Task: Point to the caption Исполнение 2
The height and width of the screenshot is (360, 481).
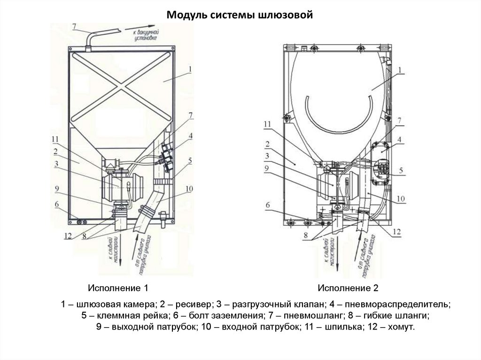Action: (348, 288)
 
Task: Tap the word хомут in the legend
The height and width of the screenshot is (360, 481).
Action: (402, 326)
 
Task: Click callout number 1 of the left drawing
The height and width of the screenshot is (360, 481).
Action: (189, 69)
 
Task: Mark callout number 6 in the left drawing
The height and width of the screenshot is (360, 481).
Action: (56, 204)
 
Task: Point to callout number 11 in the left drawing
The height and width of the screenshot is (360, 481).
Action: (55, 139)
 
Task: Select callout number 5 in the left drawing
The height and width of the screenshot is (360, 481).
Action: (190, 161)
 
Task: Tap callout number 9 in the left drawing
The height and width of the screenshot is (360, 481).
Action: (56, 189)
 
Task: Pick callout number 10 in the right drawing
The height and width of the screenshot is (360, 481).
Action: (400, 199)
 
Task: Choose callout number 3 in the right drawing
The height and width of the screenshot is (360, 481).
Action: (266, 156)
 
